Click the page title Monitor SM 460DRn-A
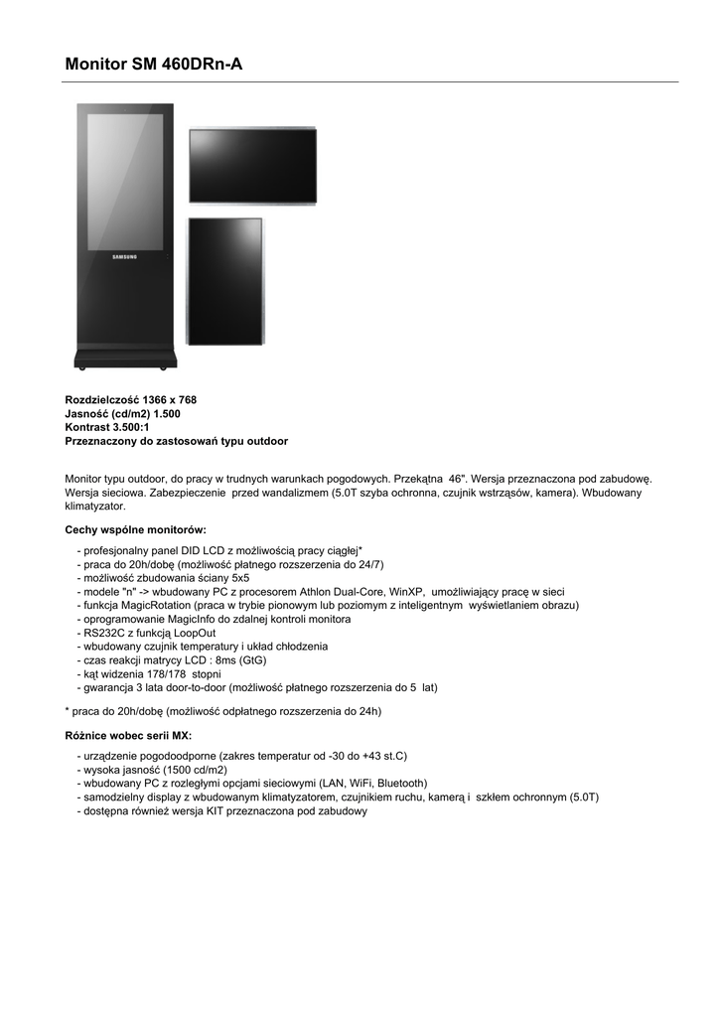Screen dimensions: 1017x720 point(154,65)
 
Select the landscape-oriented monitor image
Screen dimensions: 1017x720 point(252,167)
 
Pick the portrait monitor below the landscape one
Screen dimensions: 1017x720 point(226,281)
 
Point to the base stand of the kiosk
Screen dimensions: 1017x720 point(125,357)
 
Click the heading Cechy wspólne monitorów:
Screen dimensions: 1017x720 point(135,529)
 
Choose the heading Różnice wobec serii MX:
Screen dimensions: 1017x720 point(128,735)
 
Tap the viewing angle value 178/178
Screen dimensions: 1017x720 point(174,673)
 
